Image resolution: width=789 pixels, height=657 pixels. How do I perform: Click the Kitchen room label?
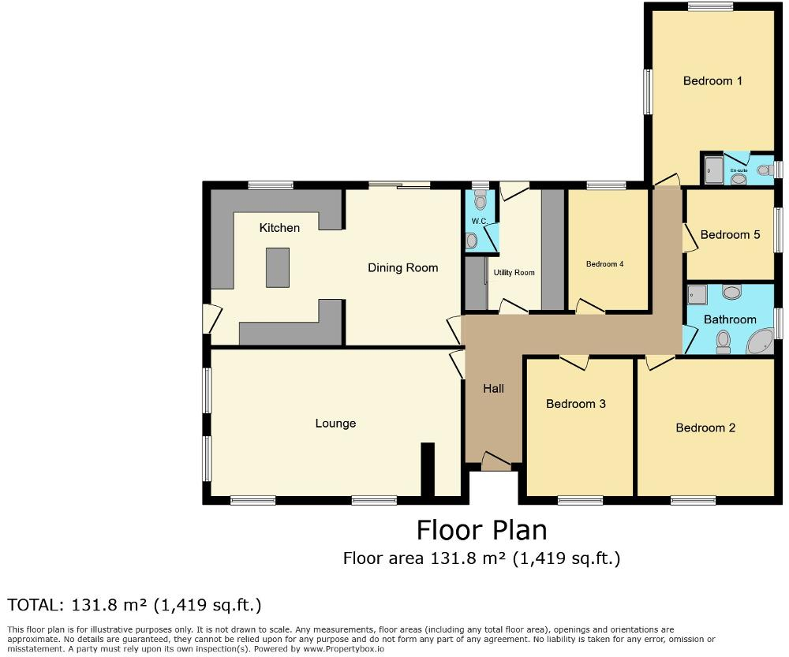(x=279, y=228)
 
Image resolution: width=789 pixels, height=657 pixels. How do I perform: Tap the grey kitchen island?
(x=278, y=267)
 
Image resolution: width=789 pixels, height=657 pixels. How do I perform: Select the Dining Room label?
(x=402, y=268)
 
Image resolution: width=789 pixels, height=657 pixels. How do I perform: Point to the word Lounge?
(x=335, y=424)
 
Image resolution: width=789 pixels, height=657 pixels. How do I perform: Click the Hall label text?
(x=493, y=388)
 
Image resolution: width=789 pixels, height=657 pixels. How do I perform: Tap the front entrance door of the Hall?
(x=496, y=462)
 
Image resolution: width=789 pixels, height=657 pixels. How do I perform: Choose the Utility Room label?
(x=514, y=273)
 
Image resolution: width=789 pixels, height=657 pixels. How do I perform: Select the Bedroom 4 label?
(x=605, y=264)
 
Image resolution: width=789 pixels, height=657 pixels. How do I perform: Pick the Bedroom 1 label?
(x=712, y=80)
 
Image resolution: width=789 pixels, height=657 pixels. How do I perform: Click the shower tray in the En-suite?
(x=712, y=170)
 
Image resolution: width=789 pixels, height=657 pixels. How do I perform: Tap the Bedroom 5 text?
(x=730, y=234)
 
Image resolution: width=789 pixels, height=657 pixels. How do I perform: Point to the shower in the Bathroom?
(x=697, y=295)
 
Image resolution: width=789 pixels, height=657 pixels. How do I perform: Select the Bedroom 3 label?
(x=576, y=404)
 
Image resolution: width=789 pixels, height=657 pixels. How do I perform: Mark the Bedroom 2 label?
(x=705, y=427)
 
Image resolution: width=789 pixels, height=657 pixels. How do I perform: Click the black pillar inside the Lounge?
(x=428, y=469)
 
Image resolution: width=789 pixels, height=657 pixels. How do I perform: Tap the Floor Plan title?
(x=481, y=529)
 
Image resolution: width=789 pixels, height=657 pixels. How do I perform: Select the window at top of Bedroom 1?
(x=709, y=7)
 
